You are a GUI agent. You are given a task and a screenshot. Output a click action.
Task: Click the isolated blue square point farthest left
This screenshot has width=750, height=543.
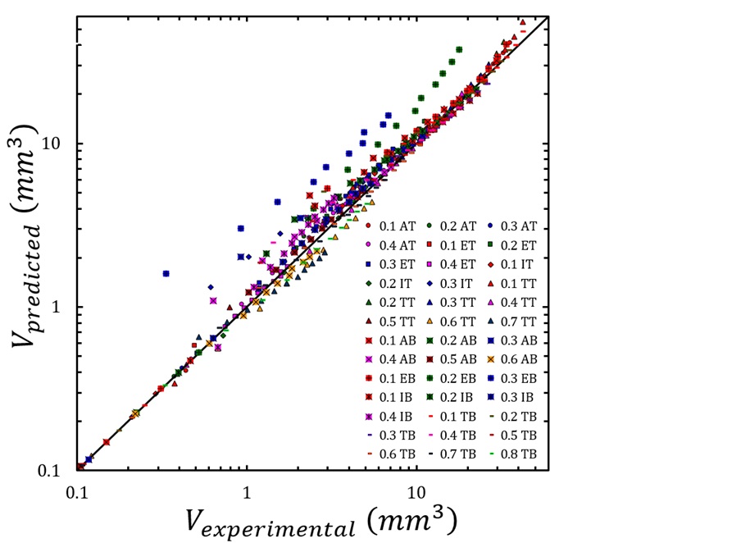(166, 273)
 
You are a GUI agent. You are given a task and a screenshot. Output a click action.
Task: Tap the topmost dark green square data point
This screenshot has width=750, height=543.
(458, 49)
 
